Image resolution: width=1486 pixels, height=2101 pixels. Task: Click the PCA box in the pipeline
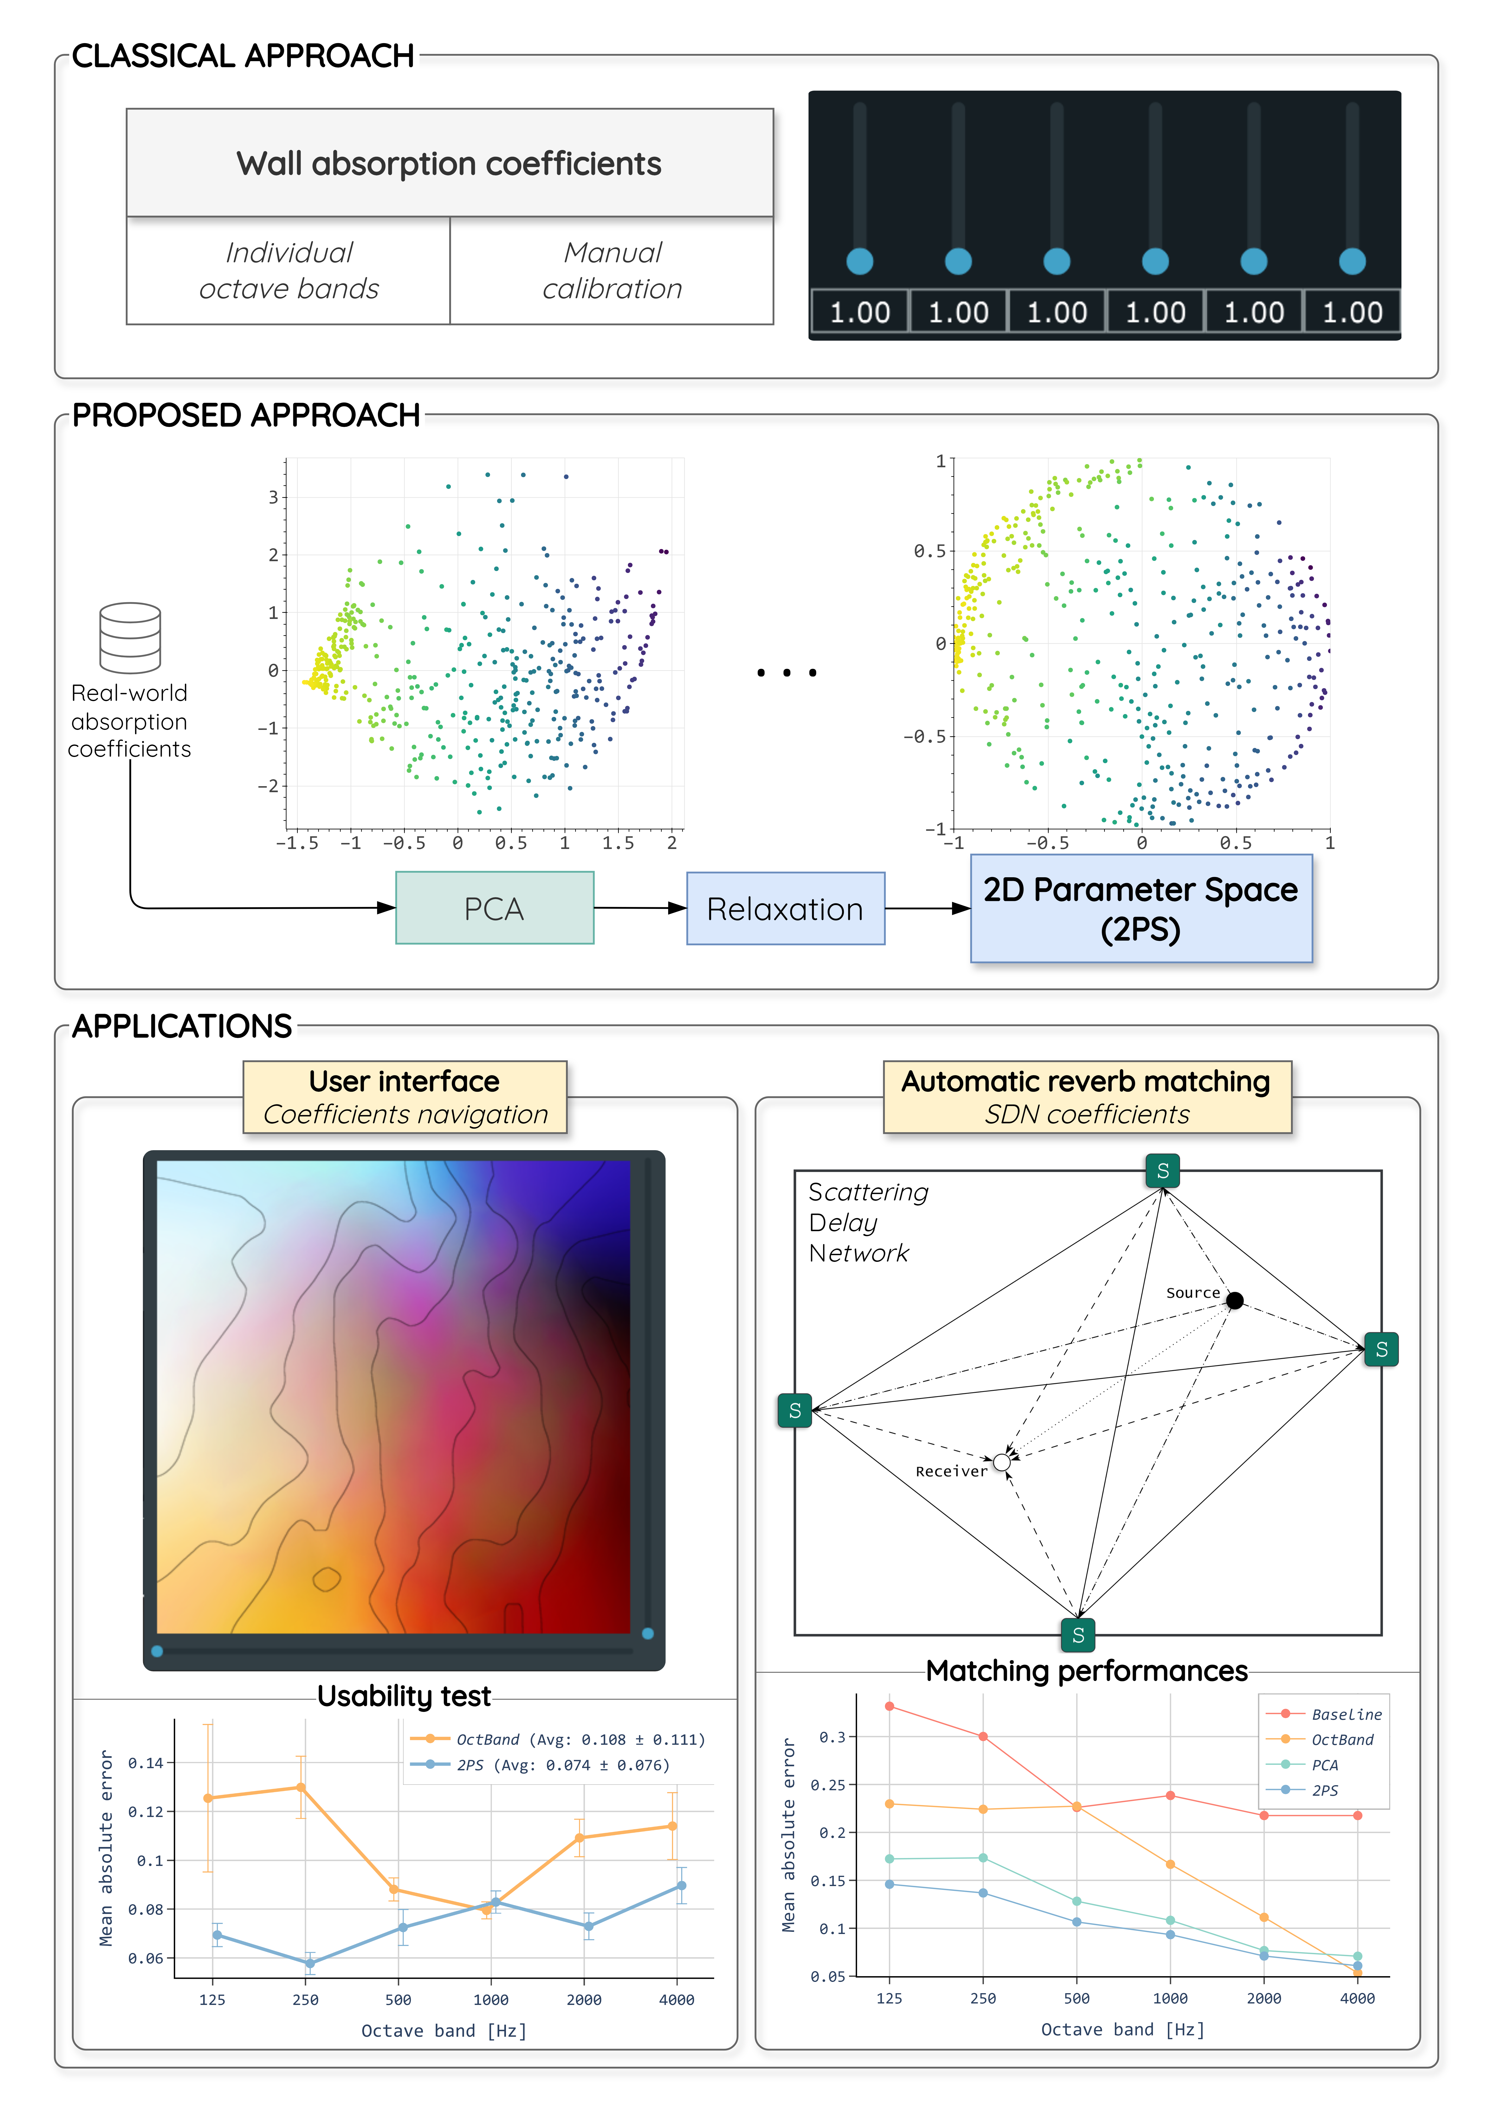[x=494, y=908]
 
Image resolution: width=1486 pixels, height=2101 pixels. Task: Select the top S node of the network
[x=1163, y=1170]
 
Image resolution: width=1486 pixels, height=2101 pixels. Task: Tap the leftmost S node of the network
[x=794, y=1410]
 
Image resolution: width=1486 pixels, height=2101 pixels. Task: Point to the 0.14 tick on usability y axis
[x=145, y=1762]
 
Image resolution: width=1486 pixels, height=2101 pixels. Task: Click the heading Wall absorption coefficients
[x=449, y=164]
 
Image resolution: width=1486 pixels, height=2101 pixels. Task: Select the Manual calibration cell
[x=612, y=271]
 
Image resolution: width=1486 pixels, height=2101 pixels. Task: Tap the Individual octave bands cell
[x=289, y=271]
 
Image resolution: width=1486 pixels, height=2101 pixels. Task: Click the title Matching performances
[x=1087, y=1671]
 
